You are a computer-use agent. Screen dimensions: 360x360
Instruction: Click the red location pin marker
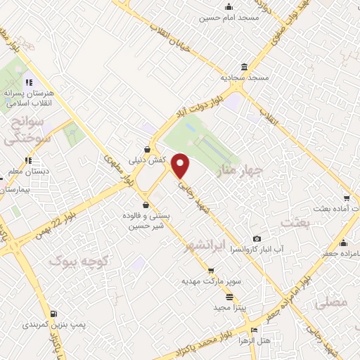181,165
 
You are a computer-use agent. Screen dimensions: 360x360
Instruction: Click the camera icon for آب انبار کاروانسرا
257,239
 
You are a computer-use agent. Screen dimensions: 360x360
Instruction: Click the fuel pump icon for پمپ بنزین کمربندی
53,313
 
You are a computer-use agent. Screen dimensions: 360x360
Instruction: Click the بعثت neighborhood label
295,222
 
